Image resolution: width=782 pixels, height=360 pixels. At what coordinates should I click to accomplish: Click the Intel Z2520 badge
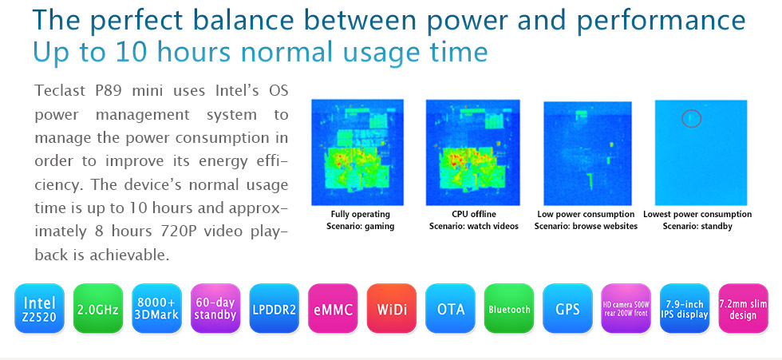[39, 308]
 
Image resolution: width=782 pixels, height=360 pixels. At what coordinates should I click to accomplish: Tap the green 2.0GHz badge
[97, 308]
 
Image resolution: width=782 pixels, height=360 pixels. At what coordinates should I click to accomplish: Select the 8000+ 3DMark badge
[156, 308]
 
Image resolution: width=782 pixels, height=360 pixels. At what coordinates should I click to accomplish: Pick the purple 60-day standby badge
[215, 308]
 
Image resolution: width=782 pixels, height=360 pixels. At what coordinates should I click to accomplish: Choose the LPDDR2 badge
[274, 308]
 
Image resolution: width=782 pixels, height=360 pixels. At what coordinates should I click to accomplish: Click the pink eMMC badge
[333, 308]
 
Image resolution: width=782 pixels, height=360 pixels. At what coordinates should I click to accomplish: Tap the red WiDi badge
[392, 308]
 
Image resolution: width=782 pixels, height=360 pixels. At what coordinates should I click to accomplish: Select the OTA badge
[450, 308]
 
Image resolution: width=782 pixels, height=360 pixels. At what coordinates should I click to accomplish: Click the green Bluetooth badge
[509, 308]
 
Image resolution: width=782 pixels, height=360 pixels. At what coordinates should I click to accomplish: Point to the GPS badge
[567, 308]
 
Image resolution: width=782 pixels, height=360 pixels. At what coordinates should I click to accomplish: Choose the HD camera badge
[626, 308]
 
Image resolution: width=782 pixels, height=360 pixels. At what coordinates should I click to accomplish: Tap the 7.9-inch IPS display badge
[685, 308]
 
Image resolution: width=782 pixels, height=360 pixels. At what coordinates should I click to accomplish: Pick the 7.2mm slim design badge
[743, 308]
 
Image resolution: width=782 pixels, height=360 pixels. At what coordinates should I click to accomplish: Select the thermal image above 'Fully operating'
[357, 152]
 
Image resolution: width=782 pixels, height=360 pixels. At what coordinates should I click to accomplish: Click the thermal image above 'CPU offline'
[472, 152]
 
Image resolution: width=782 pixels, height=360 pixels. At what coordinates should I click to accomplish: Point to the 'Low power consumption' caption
[586, 215]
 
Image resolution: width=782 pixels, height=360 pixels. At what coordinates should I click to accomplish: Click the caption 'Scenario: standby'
[697, 227]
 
